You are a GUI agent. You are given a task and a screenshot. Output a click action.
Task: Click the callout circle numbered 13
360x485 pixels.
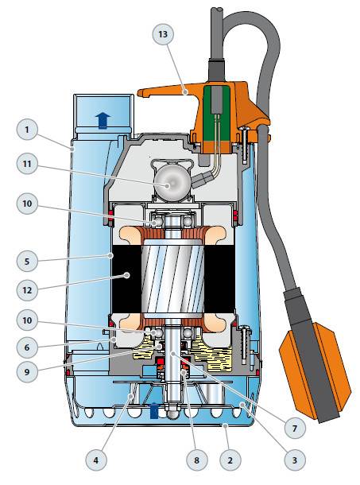(163, 34)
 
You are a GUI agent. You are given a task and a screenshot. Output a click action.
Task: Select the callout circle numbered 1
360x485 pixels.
(27, 130)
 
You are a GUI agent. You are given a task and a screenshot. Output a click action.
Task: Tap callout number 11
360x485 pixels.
(27, 163)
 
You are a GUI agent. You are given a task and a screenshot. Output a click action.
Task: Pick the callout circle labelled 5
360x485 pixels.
(27, 261)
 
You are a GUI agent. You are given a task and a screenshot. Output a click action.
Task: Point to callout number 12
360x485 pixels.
(27, 290)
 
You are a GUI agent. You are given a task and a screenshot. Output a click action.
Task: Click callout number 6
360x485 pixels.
(27, 347)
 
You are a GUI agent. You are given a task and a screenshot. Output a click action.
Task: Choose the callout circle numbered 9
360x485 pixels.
(27, 371)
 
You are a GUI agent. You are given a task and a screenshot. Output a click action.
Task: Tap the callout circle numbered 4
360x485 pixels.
(96, 460)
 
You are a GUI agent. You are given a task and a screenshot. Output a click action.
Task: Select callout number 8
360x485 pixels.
(197, 460)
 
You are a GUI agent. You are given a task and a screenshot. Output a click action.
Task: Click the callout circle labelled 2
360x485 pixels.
(230, 460)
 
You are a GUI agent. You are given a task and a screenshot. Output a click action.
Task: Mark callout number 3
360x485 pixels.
(294, 460)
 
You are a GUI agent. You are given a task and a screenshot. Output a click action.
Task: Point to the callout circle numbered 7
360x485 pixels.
(294, 428)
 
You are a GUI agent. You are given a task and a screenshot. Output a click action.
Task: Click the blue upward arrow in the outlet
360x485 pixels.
(103, 120)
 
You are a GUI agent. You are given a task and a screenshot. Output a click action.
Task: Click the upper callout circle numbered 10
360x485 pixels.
(27, 204)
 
